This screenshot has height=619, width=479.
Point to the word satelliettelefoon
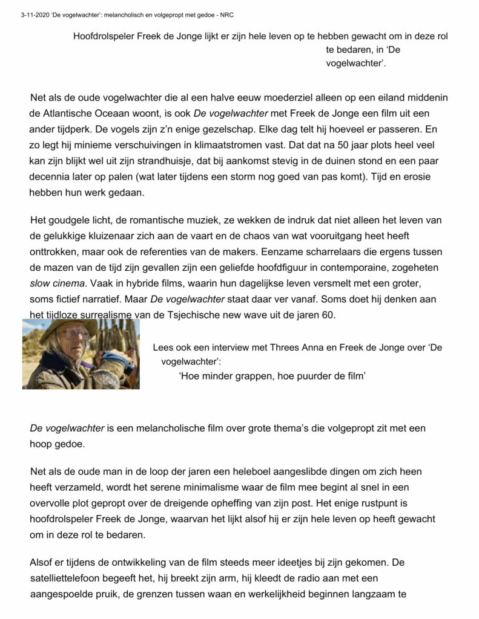70,578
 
